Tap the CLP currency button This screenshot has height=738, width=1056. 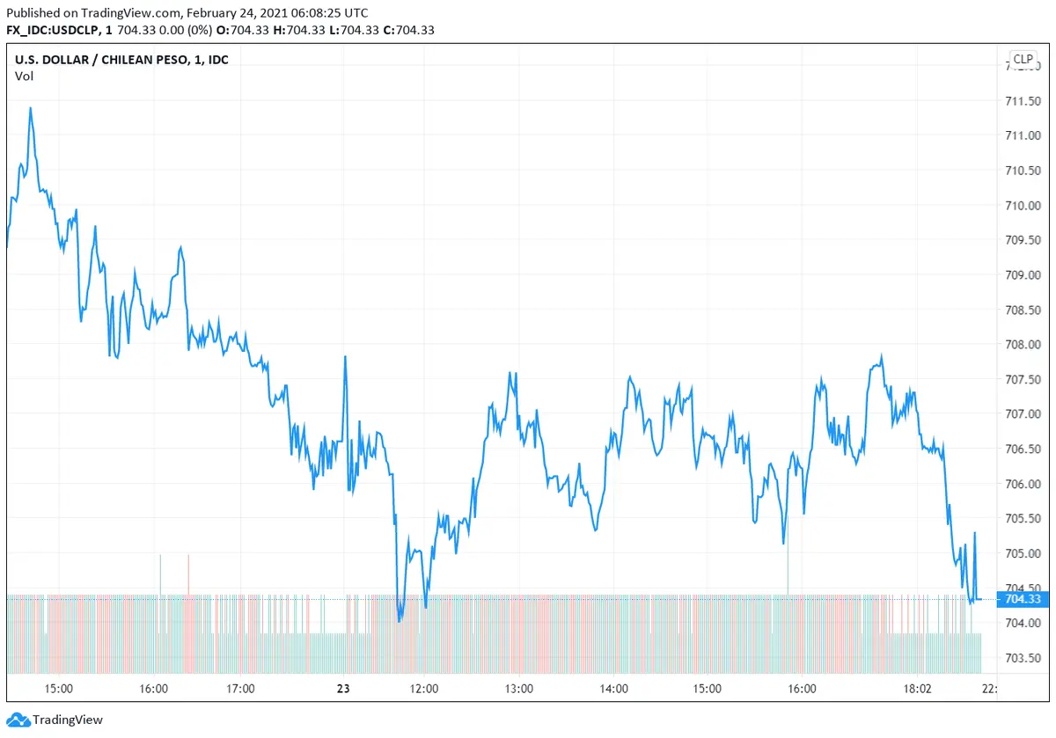(x=1023, y=60)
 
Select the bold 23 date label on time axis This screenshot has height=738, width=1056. (x=343, y=689)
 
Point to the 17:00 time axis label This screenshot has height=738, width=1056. (x=240, y=689)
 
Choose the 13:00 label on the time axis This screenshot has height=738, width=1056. (x=517, y=689)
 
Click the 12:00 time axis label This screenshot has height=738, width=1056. (x=424, y=689)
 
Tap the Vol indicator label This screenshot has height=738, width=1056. (x=24, y=76)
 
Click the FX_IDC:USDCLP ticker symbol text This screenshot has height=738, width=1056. (x=55, y=30)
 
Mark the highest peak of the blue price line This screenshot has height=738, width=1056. (x=31, y=108)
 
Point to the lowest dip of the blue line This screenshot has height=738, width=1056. (x=400, y=621)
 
